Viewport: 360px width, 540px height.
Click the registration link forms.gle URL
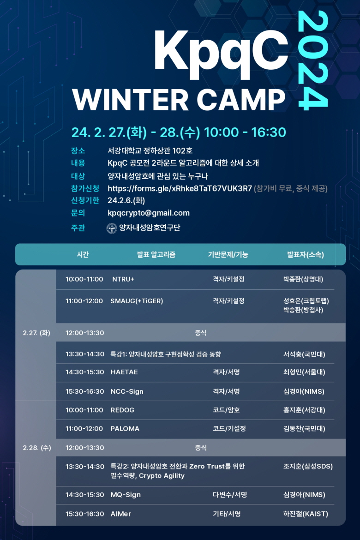180,188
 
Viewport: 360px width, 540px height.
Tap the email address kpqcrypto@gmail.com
149,213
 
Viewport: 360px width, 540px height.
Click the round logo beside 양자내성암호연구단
112,228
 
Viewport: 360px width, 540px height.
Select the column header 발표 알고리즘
156,254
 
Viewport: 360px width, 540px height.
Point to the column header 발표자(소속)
305,254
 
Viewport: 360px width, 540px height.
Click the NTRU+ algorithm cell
123,279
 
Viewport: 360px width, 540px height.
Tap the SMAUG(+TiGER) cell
137,301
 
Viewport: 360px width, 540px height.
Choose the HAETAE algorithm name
124,372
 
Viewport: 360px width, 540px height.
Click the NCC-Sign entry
127,391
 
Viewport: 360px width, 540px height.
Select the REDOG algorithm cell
122,410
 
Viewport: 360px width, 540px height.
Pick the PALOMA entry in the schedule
125,429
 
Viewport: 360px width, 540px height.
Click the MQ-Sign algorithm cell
126,495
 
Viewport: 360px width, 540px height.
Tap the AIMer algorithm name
120,514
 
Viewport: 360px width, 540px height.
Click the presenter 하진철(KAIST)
306,514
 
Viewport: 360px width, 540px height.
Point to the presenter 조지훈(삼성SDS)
308,466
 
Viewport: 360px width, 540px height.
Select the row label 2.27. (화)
36,333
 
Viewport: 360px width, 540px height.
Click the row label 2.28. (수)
37,448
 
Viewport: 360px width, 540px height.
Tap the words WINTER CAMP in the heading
179,100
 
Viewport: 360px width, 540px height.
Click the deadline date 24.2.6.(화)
126,200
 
